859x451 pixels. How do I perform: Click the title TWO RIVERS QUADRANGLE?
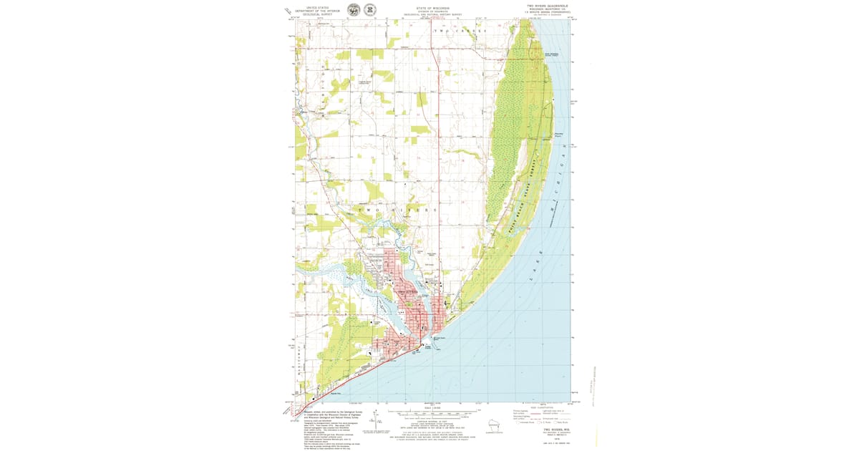pyautogui.click(x=546, y=5)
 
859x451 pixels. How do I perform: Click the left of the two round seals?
pyautogui.click(x=353, y=10)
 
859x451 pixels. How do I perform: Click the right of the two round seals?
pyautogui.click(x=369, y=10)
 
